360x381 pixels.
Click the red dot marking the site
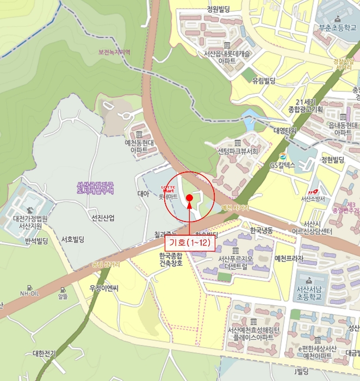coord(189,198)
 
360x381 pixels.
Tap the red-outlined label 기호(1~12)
coord(190,242)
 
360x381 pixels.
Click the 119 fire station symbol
coord(312,192)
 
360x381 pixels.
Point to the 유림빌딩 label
coord(264,81)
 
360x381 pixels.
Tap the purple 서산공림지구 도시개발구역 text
coord(95,188)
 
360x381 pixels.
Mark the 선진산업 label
coord(103,218)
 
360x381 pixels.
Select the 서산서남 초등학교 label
coord(309,294)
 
